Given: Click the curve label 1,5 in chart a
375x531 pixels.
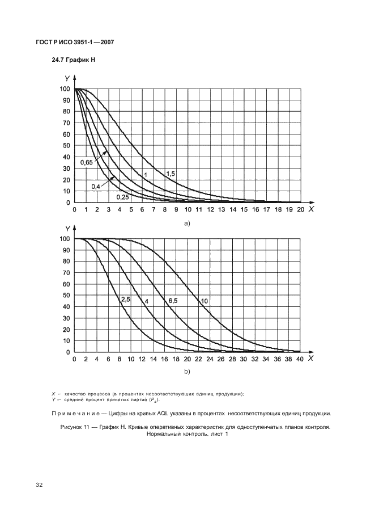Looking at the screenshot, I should tap(170, 173).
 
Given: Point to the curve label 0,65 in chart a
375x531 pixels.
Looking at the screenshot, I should tap(87, 163).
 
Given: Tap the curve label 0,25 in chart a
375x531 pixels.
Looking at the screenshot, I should tap(122, 197).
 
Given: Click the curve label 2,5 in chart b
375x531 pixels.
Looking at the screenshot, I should tap(125, 299).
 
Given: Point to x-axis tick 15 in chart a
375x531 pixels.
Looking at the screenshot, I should tap(244, 210).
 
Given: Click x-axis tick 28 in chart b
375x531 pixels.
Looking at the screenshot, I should tap(232, 359).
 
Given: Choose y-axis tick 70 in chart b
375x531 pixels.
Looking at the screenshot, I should tap(65, 273).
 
